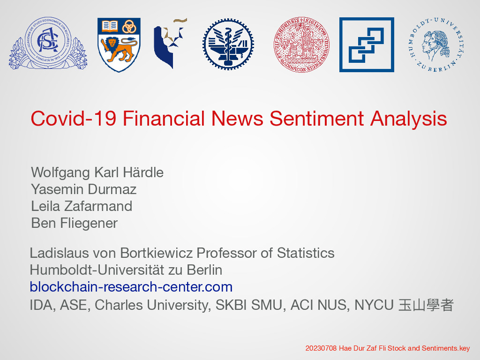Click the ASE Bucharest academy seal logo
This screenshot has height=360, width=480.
pyautogui.click(x=48, y=43)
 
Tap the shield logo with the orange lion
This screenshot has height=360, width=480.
pyautogui.click(x=119, y=45)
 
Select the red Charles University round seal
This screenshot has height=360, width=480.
pyautogui.click(x=301, y=45)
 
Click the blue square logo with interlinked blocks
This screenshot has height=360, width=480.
pyautogui.click(x=367, y=45)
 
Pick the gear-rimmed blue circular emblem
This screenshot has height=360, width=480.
pyautogui.click(x=228, y=44)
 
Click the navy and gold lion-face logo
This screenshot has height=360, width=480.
pyautogui.click(x=170, y=43)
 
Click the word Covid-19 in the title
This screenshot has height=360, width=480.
pyautogui.click(x=74, y=119)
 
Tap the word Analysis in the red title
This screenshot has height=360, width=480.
pyautogui.click(x=409, y=119)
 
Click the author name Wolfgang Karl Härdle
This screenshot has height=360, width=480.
pyautogui.click(x=97, y=173)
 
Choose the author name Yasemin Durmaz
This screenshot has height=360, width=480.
pyautogui.click(x=83, y=189)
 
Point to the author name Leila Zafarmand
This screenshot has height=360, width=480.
pyautogui.click(x=82, y=206)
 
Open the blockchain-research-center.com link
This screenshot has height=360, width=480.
pyautogui.click(x=131, y=287)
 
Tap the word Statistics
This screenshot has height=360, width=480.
pyautogui.click(x=306, y=253)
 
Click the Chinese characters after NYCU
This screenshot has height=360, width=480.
pyautogui.click(x=426, y=305)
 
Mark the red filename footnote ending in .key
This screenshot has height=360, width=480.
pyautogui.click(x=388, y=348)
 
